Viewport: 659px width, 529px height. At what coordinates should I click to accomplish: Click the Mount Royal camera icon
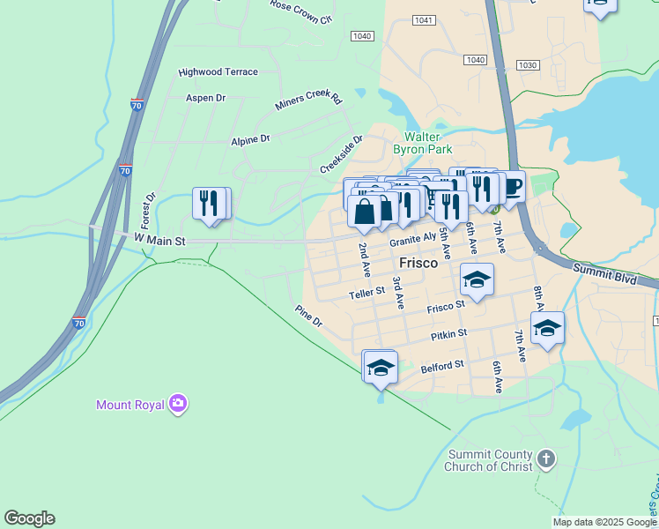point(179,404)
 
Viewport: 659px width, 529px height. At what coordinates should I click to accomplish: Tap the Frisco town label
point(418,262)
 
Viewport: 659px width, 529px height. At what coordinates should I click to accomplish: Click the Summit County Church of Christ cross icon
point(546,458)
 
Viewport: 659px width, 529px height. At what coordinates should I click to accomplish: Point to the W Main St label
point(160,239)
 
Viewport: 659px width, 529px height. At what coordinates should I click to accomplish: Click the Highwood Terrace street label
point(218,72)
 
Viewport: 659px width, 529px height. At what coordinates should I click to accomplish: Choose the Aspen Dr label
point(205,98)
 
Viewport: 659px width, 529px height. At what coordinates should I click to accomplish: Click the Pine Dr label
point(309,317)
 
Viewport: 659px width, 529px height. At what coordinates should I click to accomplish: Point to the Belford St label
point(442,365)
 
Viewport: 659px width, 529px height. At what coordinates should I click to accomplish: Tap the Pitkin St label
point(448,335)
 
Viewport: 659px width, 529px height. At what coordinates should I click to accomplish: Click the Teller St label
point(367,291)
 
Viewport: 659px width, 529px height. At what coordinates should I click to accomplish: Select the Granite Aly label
point(412,239)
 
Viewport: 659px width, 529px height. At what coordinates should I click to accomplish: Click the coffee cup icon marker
point(512,188)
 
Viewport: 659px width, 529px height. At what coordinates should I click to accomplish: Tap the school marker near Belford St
point(381,367)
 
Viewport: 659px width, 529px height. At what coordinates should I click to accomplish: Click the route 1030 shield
point(528,65)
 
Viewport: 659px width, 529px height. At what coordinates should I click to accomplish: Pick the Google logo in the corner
point(29,518)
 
